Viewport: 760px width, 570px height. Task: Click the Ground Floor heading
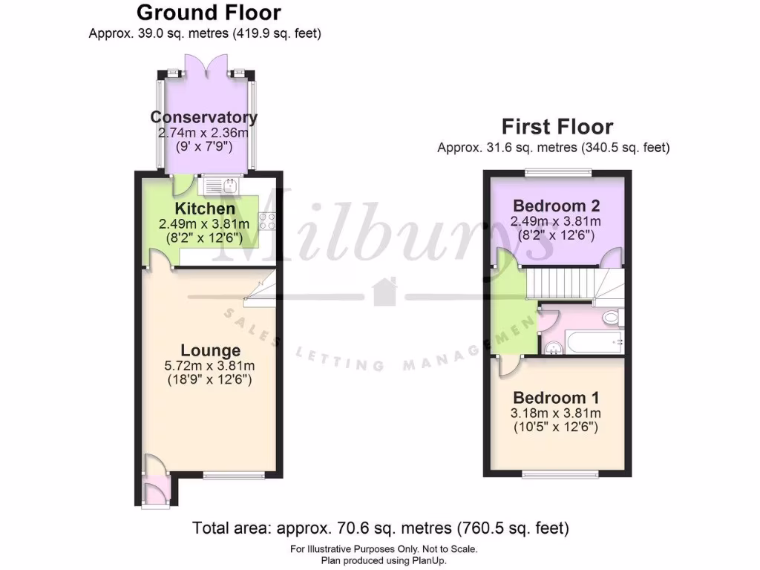209,13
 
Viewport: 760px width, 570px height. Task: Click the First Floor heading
557,126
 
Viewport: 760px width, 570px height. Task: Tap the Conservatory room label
204,117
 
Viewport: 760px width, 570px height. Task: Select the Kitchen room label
204,209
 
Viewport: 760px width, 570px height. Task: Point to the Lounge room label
211,350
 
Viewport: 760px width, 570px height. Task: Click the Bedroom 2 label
556,206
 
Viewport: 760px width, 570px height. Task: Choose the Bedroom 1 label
556,397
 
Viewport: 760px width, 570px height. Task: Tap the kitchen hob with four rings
269,221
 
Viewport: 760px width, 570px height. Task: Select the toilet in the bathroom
612,318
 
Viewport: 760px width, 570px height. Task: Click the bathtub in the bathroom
591,342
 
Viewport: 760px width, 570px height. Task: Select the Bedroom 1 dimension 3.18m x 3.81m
556,413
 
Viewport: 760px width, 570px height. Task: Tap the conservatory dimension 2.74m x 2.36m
204,132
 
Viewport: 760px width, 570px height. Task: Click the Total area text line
380,528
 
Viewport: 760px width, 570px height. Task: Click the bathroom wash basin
551,345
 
